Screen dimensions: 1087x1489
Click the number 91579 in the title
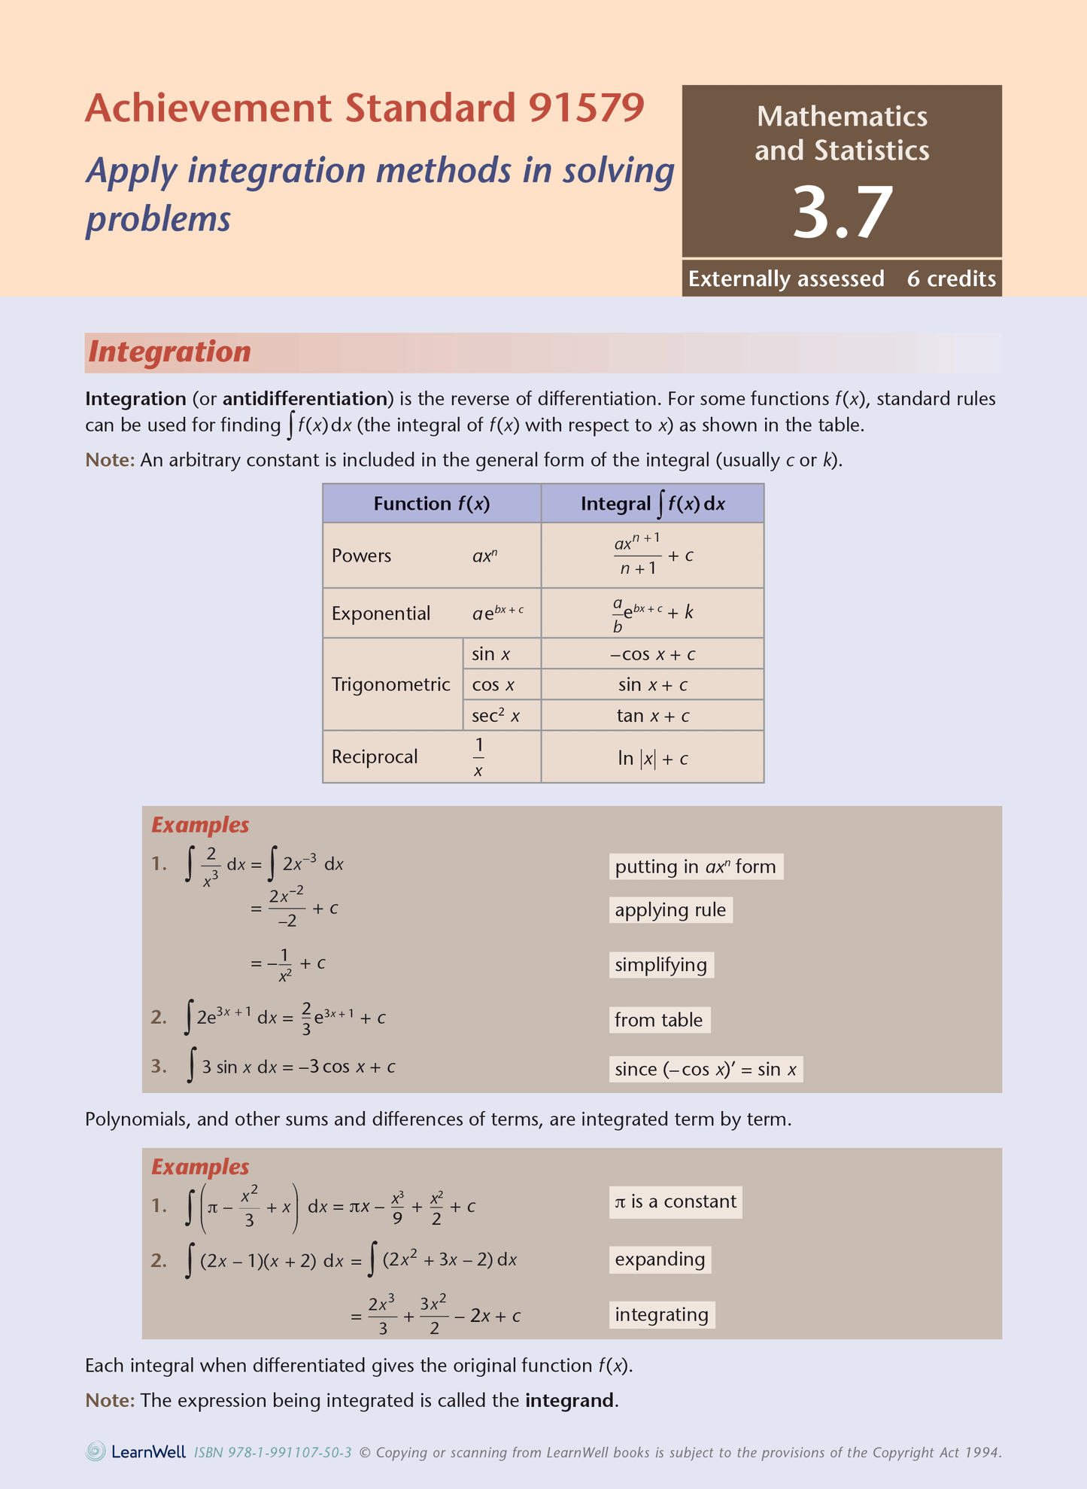586,108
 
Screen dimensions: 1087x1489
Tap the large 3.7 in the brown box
842,213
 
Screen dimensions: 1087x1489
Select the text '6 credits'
951,279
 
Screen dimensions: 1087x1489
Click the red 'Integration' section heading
169,352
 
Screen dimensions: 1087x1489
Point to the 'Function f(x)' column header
431,504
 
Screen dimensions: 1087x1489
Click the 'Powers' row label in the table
361,556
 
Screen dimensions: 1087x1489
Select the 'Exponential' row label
381,613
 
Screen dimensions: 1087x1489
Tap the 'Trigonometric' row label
390,684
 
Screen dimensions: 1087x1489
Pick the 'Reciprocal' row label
374,757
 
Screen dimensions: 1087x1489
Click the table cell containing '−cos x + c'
652,654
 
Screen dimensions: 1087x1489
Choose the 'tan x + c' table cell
652,715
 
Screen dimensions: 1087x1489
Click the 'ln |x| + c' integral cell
652,758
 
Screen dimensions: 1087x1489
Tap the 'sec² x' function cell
496,715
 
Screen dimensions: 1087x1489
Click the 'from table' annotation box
658,1020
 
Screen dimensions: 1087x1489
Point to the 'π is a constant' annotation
675,1201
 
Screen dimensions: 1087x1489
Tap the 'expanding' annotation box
660,1259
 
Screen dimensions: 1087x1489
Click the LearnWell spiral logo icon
96,1451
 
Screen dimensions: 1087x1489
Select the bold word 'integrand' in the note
569,1400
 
